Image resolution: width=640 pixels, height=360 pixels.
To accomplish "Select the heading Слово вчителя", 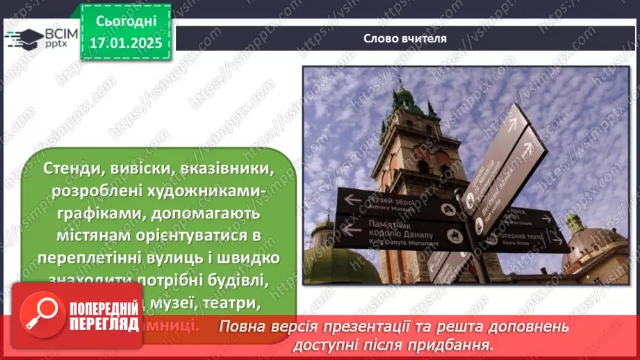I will (404, 39).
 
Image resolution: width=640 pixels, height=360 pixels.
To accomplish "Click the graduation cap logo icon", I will (23, 38).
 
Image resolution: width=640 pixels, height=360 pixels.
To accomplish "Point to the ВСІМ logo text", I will (59, 33).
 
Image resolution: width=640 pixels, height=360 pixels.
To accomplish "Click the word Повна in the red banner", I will (240, 327).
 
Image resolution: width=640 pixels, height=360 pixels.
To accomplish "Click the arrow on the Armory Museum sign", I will (353, 200).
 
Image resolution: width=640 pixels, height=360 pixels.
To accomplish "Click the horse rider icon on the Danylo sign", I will (455, 235).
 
